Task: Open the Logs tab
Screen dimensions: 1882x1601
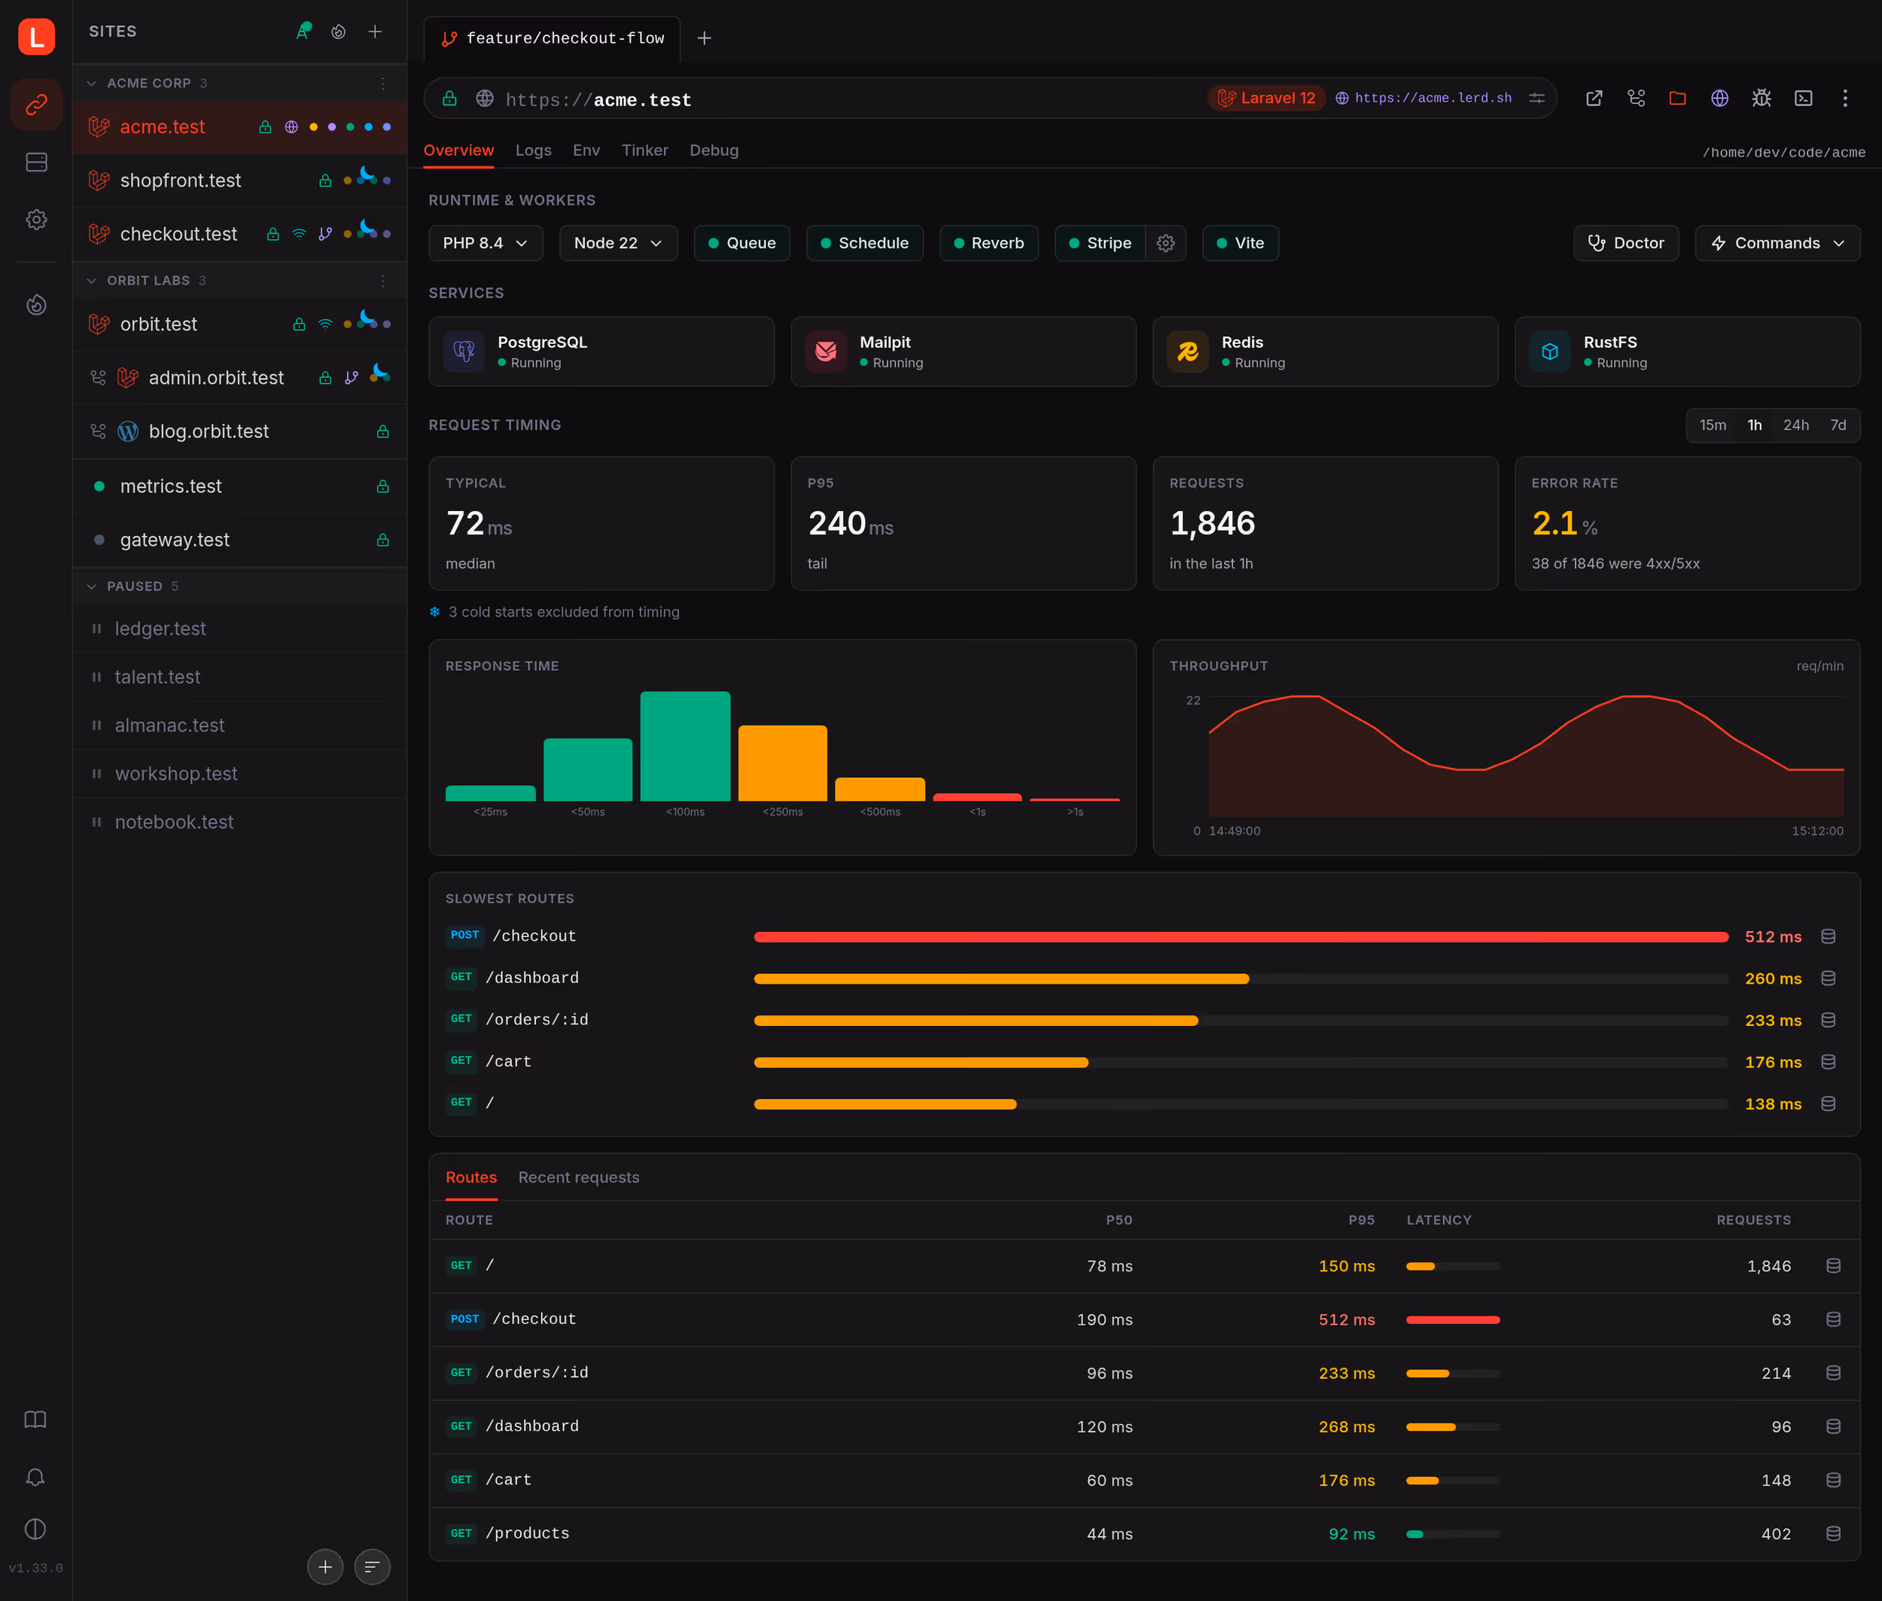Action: point(533,151)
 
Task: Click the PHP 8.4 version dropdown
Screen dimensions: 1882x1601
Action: point(486,243)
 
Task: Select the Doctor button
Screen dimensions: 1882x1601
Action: point(1625,243)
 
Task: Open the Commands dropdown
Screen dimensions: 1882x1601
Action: point(1777,243)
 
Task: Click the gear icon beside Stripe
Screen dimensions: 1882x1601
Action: point(1165,243)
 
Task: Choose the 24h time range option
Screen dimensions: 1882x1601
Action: point(1795,426)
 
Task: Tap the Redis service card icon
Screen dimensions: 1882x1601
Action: point(1187,352)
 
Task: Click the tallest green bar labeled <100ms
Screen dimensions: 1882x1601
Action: point(686,746)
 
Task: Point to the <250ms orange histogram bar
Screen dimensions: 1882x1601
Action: point(783,763)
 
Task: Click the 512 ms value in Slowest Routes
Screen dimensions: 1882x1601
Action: point(1773,936)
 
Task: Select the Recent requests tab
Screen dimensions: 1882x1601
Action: point(578,1177)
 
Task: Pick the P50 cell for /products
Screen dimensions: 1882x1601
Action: point(1110,1534)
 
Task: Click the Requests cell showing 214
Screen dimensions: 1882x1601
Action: point(1776,1373)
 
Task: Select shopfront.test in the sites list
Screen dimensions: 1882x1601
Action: point(181,181)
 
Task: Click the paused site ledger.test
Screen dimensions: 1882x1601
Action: point(160,629)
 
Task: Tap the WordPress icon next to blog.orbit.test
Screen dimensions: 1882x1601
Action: point(128,431)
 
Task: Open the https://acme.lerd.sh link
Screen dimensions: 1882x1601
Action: point(1433,98)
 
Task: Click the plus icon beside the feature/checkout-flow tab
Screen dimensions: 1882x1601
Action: point(705,38)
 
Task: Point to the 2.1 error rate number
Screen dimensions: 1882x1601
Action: point(1555,524)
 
